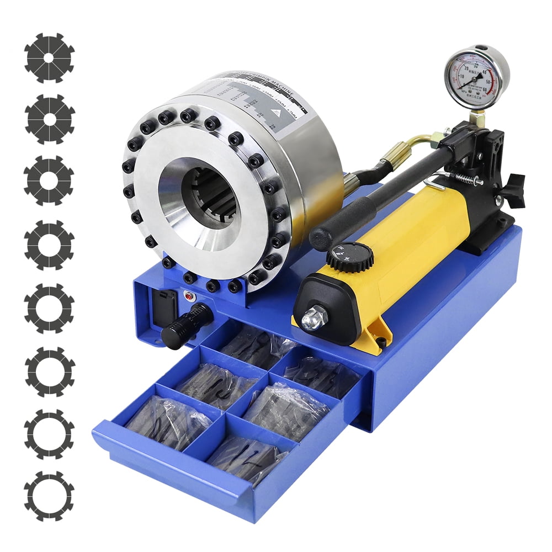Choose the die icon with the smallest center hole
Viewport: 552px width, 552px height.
49,57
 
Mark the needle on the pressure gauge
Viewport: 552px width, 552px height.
469,81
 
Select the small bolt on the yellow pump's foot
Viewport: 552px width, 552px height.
381,343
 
